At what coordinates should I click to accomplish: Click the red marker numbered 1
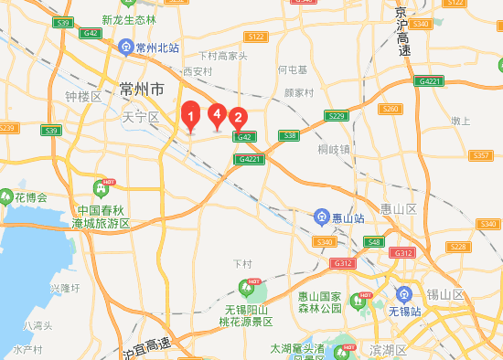click(190, 117)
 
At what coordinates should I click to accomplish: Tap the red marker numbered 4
click(217, 114)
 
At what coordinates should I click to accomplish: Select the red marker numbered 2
click(238, 117)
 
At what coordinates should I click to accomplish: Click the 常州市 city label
click(142, 90)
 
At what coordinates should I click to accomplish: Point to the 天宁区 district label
click(140, 117)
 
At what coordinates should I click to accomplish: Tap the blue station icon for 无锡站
click(403, 293)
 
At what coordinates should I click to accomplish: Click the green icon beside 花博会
click(7, 196)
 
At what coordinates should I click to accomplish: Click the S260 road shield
click(391, 109)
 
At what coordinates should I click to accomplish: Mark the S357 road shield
click(481, 155)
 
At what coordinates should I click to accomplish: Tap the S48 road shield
click(373, 242)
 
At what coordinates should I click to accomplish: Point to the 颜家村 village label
click(298, 92)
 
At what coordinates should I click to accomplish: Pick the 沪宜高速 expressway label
click(146, 346)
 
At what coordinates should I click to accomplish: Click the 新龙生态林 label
click(129, 20)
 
